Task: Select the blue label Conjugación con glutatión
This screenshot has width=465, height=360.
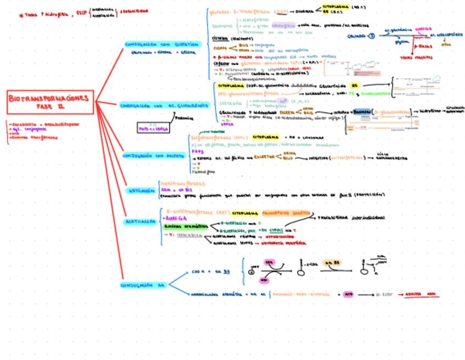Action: coord(162,44)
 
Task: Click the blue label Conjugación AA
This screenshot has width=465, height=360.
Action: coord(143,285)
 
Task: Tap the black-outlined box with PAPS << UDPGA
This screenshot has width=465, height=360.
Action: coord(154,128)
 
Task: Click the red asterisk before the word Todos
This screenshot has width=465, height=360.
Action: coord(21,15)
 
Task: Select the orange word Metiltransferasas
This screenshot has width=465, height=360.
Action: coord(182,184)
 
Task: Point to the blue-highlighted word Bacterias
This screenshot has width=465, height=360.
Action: coord(362,111)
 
